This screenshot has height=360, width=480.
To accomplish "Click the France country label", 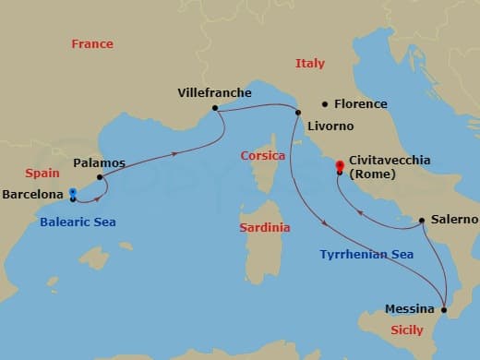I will pyautogui.click(x=92, y=43).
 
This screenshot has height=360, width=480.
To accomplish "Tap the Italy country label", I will pyautogui.click(x=310, y=64).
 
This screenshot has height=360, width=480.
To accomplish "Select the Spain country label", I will pyautogui.click(x=42, y=173).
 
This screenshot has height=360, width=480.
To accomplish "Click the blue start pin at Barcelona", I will pyautogui.click(x=72, y=194).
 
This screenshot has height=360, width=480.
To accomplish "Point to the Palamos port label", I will pyautogui.click(x=99, y=162).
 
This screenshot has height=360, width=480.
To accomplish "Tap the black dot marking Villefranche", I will pyautogui.click(x=214, y=108).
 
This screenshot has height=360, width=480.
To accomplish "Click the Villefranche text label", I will pyautogui.click(x=213, y=92).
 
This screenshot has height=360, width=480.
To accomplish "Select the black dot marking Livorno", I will pyautogui.click(x=298, y=113).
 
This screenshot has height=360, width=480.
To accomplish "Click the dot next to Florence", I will pyautogui.click(x=325, y=103).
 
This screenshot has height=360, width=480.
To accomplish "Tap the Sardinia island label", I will pyautogui.click(x=264, y=227).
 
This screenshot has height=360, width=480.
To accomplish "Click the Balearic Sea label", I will pyautogui.click(x=78, y=222).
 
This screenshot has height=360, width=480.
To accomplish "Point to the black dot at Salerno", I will pyautogui.click(x=422, y=221).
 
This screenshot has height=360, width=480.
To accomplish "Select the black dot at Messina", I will pyautogui.click(x=445, y=310).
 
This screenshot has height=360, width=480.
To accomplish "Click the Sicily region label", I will pyautogui.click(x=407, y=329).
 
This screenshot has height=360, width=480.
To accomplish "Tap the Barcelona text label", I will pyautogui.click(x=33, y=195).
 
